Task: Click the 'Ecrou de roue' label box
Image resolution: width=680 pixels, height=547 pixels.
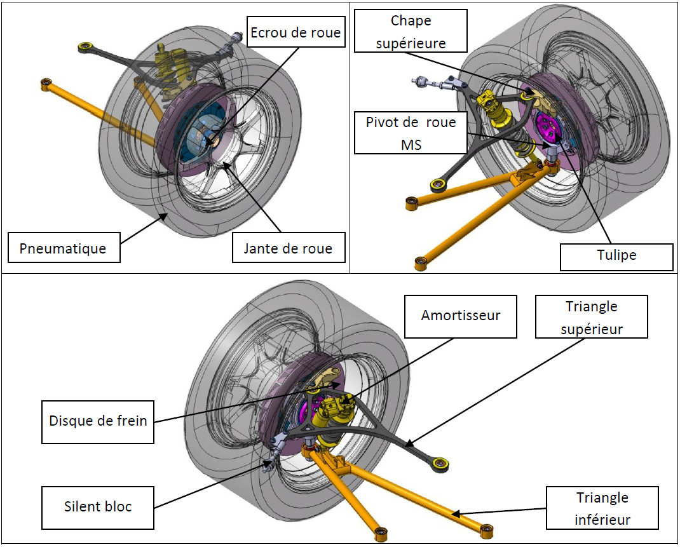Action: (x=296, y=32)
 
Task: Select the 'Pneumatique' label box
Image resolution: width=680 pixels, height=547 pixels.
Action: (x=64, y=248)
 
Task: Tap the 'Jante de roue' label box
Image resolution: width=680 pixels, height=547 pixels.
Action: (x=289, y=248)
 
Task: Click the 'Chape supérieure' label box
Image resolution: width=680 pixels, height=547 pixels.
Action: (x=411, y=31)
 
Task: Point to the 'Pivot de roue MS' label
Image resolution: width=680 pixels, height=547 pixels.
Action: (x=411, y=133)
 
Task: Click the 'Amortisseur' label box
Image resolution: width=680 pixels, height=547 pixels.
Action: (x=461, y=316)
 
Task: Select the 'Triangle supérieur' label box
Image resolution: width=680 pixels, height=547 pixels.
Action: (x=592, y=316)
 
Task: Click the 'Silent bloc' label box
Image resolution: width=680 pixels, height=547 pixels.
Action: (x=98, y=508)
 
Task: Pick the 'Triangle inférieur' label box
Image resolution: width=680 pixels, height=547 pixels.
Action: (x=602, y=508)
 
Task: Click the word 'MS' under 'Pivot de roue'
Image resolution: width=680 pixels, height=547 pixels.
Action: (x=411, y=144)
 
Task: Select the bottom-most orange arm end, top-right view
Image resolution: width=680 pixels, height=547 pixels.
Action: (x=421, y=262)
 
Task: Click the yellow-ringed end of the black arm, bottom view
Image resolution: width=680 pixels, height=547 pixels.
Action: (x=440, y=463)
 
